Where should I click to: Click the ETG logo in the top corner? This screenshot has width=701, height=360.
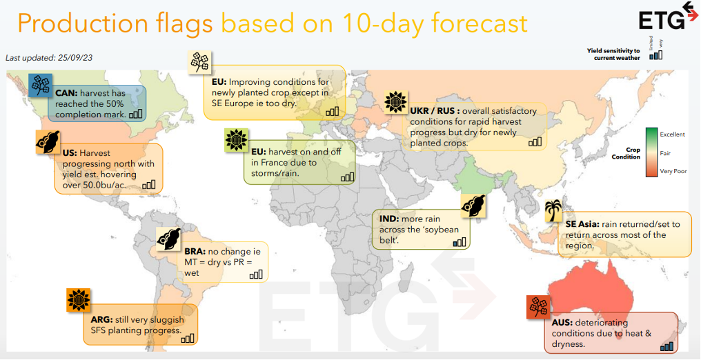click(668, 17)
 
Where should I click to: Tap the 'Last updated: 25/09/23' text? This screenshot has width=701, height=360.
click(49, 58)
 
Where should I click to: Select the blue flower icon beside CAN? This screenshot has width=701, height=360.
click(40, 86)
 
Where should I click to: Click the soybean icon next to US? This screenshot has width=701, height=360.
click(48, 141)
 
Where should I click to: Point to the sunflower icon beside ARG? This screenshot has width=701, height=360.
click(79, 300)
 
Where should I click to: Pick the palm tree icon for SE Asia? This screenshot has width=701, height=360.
click(553, 210)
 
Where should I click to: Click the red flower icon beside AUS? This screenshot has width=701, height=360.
click(538, 308)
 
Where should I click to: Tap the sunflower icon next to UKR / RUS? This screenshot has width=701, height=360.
click(396, 102)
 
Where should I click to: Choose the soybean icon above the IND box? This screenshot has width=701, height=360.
click(473, 206)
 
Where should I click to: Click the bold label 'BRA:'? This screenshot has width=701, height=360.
click(195, 252)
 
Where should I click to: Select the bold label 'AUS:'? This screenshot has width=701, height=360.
click(562, 323)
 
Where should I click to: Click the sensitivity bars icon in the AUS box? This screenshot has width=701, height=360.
click(667, 346)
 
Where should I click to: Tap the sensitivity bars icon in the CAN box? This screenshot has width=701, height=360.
click(136, 114)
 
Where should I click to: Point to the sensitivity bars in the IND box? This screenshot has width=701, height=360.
click(459, 241)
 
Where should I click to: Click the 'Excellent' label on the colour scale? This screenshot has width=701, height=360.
click(673, 134)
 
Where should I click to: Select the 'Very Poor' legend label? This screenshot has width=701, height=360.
click(673, 171)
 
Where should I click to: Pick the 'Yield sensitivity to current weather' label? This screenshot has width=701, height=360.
click(613, 54)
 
